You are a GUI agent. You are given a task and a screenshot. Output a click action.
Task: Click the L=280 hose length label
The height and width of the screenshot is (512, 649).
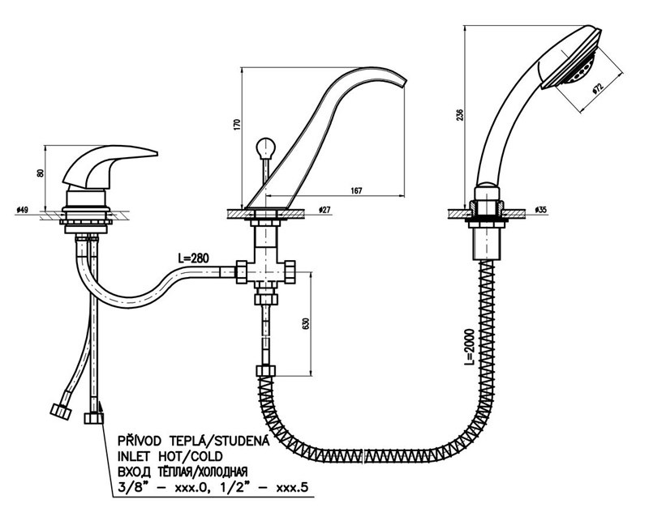tap(194, 258)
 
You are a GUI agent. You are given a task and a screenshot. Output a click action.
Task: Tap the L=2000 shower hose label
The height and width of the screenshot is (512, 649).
tap(468, 350)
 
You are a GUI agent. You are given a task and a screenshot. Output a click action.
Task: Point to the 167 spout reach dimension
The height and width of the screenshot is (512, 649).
tap(355, 190)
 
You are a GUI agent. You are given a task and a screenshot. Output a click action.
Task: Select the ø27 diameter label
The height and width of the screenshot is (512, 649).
tap(325, 210)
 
